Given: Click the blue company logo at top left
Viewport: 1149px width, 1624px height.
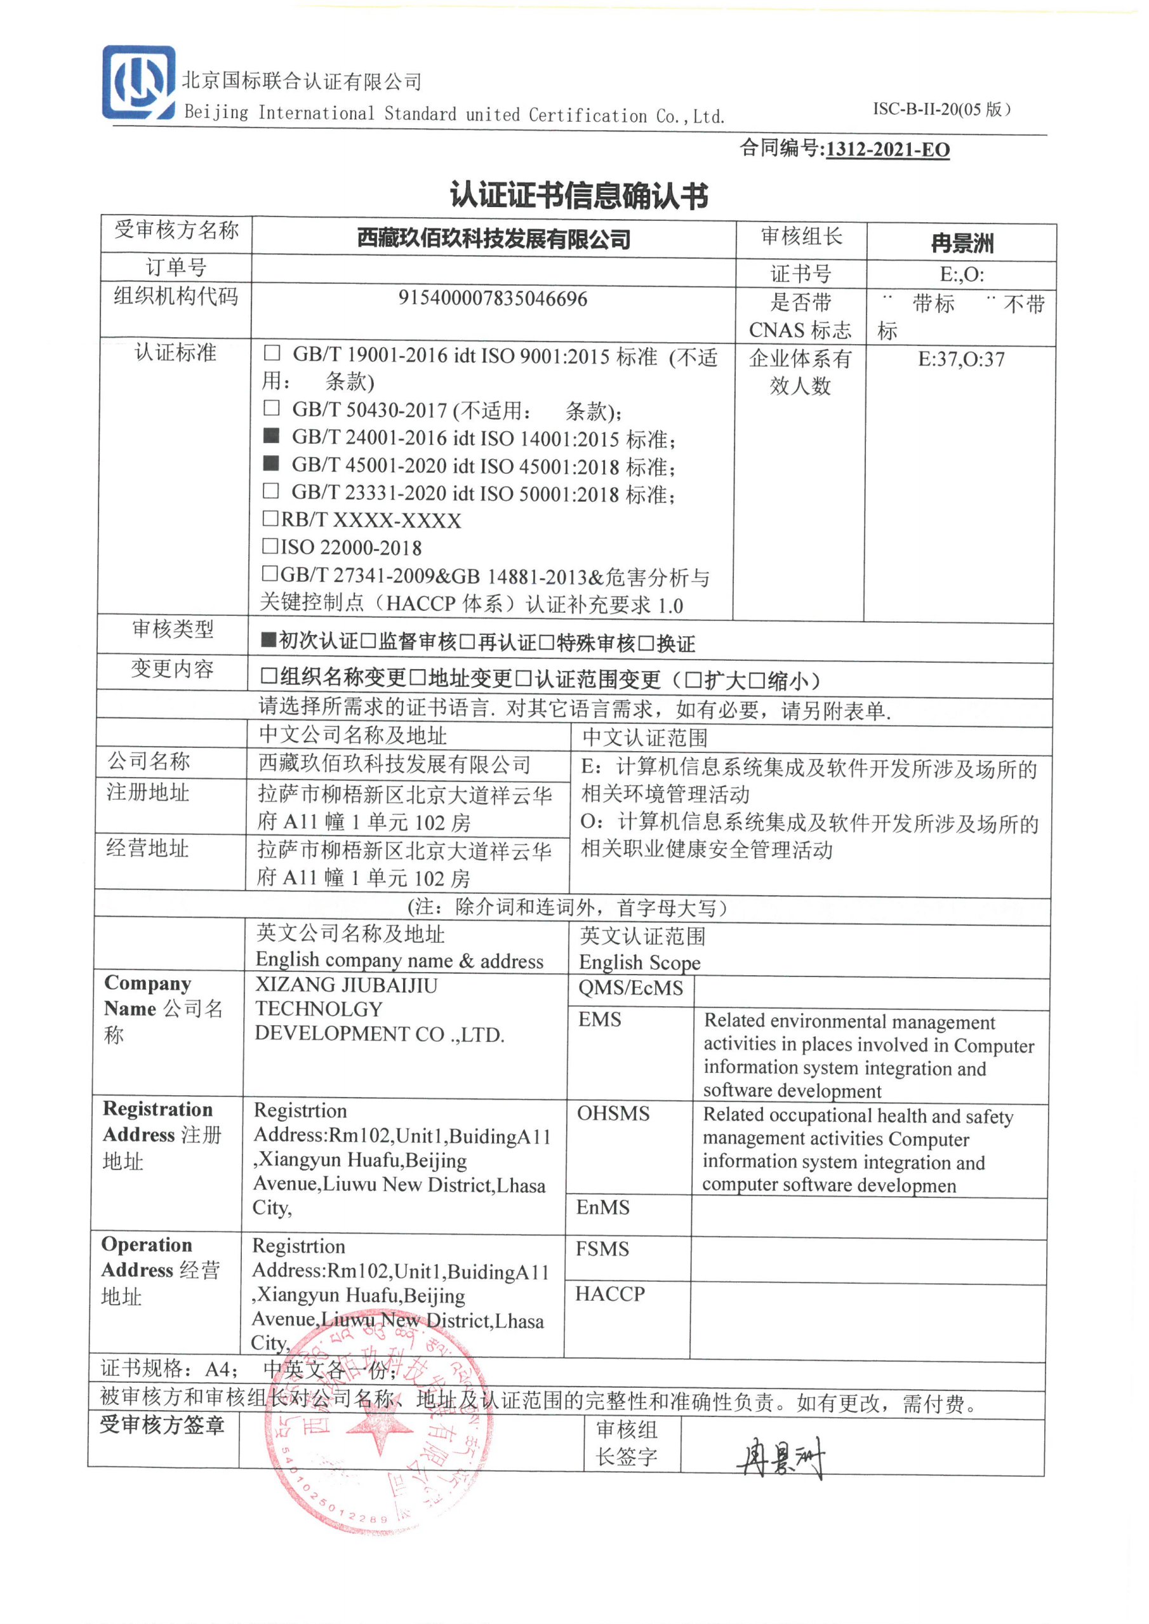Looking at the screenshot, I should point(138,82).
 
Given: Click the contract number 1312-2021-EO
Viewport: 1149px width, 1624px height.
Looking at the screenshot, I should point(887,149).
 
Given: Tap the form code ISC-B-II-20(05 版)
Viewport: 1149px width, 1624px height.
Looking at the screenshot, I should point(941,109).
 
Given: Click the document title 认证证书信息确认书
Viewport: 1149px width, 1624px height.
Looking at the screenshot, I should point(579,196).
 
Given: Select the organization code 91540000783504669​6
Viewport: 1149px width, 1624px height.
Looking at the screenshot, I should point(493,298).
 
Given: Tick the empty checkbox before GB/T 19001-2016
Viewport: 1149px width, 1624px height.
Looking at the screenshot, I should point(272,352).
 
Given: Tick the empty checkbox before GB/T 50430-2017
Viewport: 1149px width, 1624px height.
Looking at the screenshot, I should point(271,408).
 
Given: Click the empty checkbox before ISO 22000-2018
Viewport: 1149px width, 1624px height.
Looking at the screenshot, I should point(270,545).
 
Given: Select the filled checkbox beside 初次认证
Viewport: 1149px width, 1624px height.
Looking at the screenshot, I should point(268,641).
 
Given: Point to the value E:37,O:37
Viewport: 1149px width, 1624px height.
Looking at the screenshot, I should point(961,359).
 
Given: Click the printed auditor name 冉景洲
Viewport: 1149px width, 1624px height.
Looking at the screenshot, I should point(962,243).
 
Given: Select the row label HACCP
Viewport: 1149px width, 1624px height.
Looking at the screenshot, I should point(610,1293).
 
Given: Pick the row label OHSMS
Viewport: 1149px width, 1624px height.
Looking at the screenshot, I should point(613,1113).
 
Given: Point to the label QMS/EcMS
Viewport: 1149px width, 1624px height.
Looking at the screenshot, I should point(630,988).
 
